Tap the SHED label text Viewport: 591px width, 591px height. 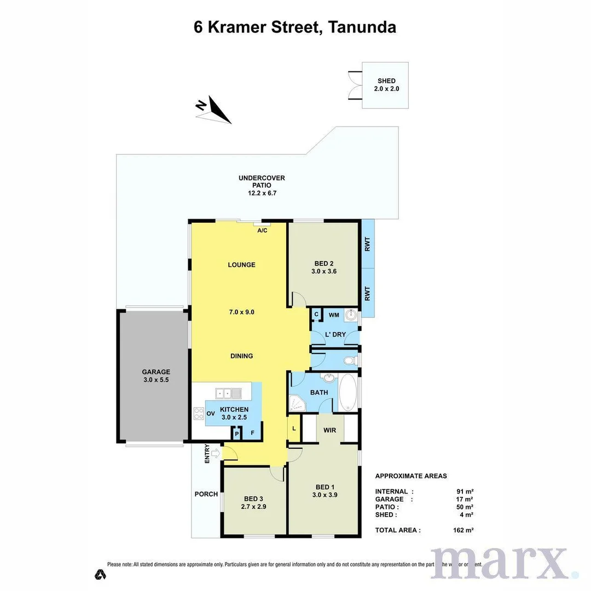pyautogui.click(x=386, y=81)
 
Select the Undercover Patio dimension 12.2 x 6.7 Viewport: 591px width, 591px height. pyautogui.click(x=262, y=193)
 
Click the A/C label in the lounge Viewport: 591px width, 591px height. pyautogui.click(x=262, y=230)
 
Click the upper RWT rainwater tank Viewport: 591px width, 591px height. pyautogui.click(x=368, y=243)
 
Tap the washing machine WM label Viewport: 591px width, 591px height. pyautogui.click(x=333, y=315)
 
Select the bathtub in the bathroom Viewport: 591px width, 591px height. pyautogui.click(x=347, y=392)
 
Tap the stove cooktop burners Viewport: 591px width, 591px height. pyautogui.click(x=198, y=414)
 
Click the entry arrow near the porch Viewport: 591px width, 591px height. pyautogui.click(x=215, y=453)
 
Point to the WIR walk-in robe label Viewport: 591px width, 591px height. pyautogui.click(x=329, y=430)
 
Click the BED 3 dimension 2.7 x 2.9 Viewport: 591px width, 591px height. pyautogui.click(x=254, y=507)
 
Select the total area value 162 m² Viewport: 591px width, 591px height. pyautogui.click(x=463, y=530)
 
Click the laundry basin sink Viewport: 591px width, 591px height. pyautogui.click(x=351, y=315)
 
